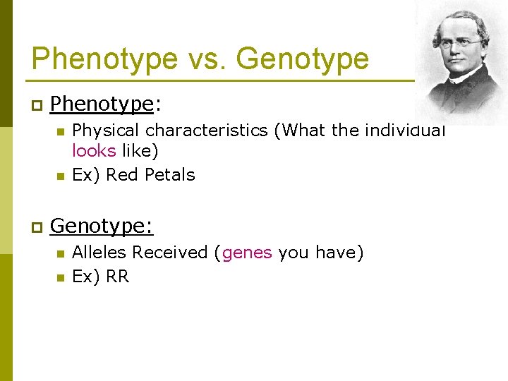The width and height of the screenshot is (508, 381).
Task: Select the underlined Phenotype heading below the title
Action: [102, 104]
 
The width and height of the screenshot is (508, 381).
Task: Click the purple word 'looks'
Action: [94, 150]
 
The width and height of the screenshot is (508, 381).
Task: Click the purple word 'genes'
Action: [247, 252]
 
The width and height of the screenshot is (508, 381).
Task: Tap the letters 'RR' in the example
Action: [117, 277]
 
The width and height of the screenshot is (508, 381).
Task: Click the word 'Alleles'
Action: [99, 252]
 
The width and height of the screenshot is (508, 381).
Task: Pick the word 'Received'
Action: [172, 252]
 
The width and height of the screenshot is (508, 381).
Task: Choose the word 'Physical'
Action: [107, 131]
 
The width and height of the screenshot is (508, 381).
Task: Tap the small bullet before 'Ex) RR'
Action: [61, 277]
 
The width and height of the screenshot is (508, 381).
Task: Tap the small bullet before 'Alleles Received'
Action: [61, 253]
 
